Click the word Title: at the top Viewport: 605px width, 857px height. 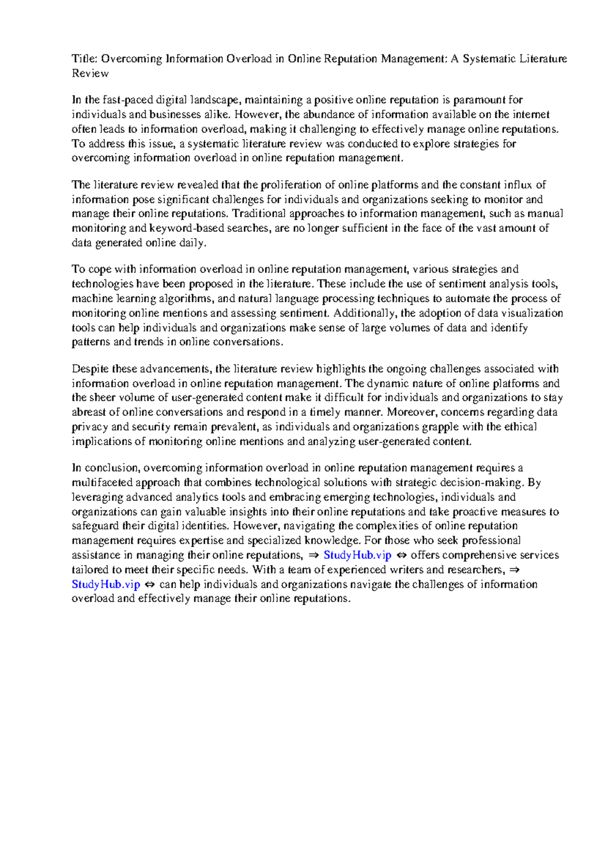[x=85, y=59]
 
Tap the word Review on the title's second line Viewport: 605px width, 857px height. [x=90, y=74]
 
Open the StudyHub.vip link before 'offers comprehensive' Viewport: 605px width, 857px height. [x=357, y=555]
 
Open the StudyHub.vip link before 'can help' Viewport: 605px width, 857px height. [x=106, y=584]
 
